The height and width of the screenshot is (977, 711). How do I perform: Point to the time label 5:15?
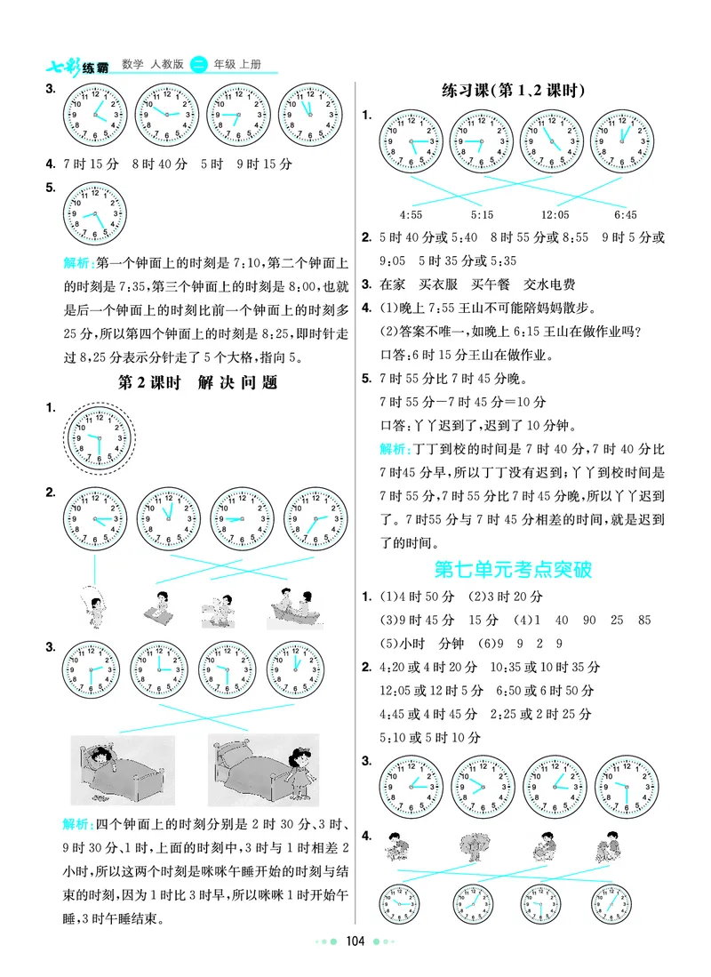pyautogui.click(x=482, y=215)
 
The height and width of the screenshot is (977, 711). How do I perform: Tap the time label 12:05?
pyautogui.click(x=555, y=215)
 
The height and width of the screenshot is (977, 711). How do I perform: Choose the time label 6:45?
pyautogui.click(x=625, y=215)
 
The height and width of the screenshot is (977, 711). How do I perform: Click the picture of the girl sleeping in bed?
pyautogui.click(x=124, y=765)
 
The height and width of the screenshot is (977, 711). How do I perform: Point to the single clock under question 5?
pyautogui.click(x=95, y=214)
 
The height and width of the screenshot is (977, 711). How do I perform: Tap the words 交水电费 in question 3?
pyautogui.click(x=549, y=285)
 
